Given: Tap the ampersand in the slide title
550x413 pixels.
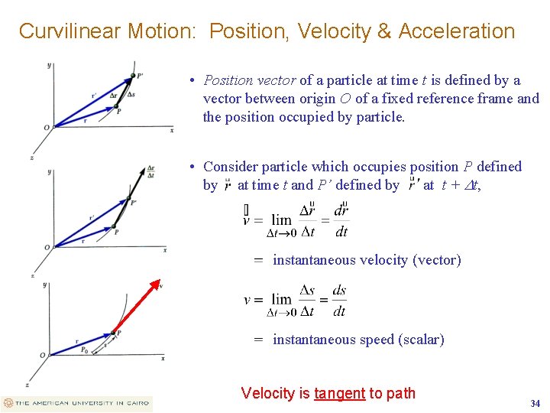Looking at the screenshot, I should [383, 31].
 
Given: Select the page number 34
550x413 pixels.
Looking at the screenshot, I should [535, 403].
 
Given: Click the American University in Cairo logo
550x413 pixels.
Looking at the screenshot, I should [77, 403].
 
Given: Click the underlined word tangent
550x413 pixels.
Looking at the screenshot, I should [339, 393].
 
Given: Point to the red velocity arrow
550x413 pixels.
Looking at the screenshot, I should [137, 307].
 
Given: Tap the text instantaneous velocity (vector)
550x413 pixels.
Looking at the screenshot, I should [367, 260].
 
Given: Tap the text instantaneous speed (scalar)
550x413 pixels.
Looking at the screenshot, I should [358, 340].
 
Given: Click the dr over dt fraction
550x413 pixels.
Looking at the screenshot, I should [341, 220].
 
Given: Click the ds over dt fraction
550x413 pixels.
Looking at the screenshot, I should [339, 301].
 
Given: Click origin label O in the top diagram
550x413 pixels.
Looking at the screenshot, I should [46, 127].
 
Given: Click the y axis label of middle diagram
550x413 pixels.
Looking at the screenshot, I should [49, 173].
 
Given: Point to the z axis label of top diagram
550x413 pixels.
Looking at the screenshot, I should [31, 157].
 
